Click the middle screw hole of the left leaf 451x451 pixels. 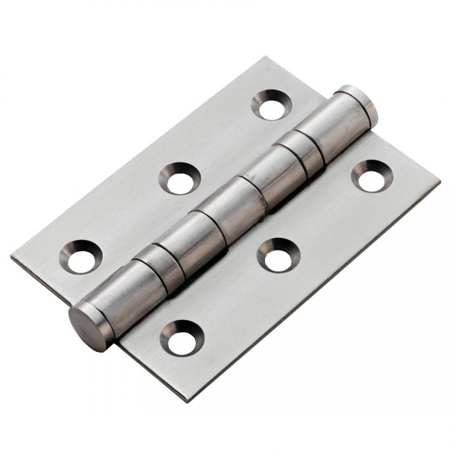click(179, 179)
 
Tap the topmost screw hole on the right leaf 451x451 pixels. click(372, 177)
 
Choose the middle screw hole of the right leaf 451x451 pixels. click(278, 256)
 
